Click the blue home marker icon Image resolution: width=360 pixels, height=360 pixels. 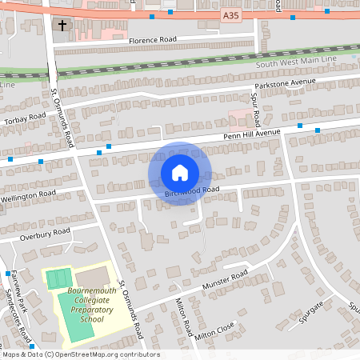coord(179,172)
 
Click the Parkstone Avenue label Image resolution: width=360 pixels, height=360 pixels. coord(286,84)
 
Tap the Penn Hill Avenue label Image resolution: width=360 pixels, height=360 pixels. coord(251,134)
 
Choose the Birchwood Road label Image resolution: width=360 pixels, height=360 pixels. coord(192,192)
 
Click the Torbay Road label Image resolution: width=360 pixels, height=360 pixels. coord(24,118)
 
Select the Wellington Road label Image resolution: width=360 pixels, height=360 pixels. coord(28,194)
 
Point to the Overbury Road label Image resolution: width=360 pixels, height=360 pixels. coord(46,234)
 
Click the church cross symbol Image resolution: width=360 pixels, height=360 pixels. coord(62,26)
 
